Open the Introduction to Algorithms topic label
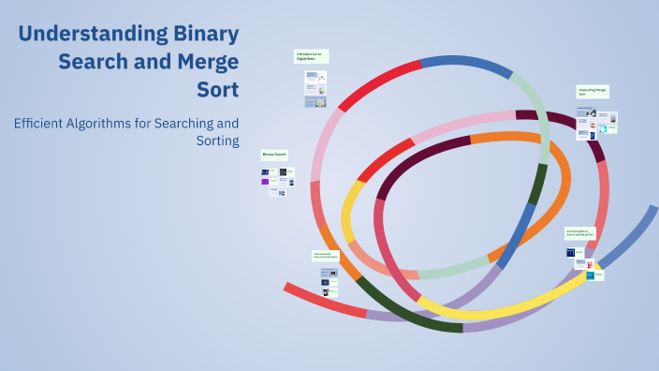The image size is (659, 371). point(311,56)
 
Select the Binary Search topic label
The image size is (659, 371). point(274,153)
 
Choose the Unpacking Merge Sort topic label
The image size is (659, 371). point(593,92)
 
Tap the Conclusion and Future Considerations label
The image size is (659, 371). point(325,255)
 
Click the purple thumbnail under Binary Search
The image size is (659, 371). point(265,182)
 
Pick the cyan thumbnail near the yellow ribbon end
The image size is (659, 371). point(591,275)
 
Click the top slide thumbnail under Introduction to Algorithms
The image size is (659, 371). point(311,75)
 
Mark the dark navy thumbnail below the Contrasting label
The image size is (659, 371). point(569,253)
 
